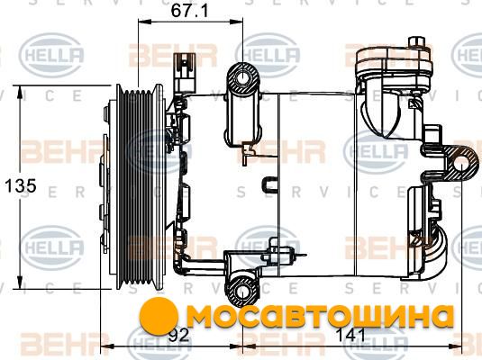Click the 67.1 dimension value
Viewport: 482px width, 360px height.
pos(189,11)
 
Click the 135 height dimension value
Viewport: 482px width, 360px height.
pos(21,185)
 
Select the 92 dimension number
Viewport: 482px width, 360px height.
pos(179,335)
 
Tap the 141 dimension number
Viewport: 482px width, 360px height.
pos(350,335)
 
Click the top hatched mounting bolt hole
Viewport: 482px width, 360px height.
pos(243,78)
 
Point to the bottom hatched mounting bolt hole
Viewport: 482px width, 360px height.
pos(243,291)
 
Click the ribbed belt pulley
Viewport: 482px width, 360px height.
pos(141,187)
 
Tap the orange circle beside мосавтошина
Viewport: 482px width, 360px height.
pos(159,317)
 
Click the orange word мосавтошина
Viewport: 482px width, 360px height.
pos(320,318)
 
